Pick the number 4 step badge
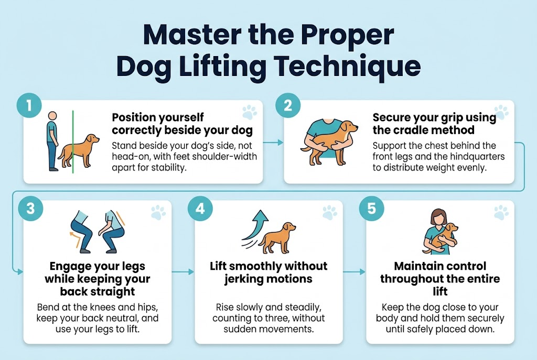click(200, 208)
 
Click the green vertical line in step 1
click(73, 141)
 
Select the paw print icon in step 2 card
click(501, 112)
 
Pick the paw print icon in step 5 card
click(501, 212)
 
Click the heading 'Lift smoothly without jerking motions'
click(268, 273)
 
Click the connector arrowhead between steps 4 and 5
click(362, 272)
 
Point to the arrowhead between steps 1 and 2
click(281, 142)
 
